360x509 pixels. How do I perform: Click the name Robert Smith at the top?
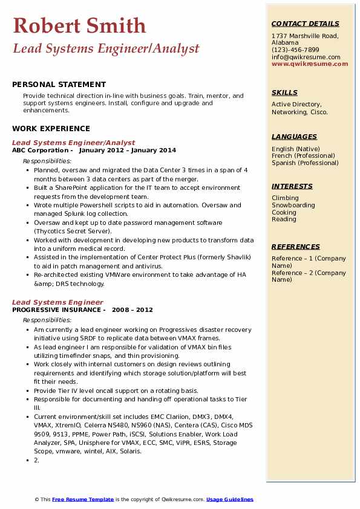click(79, 25)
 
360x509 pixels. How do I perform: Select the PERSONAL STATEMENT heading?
click(59, 85)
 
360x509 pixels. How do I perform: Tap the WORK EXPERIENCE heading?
click(51, 128)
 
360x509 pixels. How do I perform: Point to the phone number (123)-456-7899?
click(295, 50)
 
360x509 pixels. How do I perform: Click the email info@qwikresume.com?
click(306, 57)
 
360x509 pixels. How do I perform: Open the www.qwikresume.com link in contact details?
click(310, 63)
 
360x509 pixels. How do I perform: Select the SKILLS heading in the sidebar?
click(284, 92)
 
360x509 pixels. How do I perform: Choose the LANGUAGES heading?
click(294, 137)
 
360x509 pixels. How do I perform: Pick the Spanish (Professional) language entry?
click(305, 163)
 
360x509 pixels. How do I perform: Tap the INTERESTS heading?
click(292, 186)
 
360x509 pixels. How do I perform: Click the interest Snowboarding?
click(293, 205)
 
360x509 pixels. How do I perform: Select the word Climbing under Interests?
click(285, 198)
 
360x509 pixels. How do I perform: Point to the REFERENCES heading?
click(296, 247)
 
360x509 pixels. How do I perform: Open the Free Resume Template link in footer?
click(83, 499)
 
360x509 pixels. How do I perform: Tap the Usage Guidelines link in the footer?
click(229, 499)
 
